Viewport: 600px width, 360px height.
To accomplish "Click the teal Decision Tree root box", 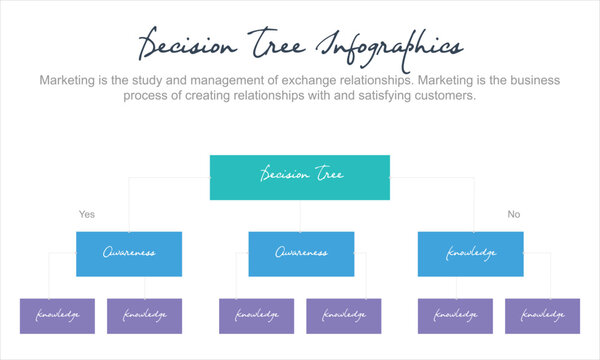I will click(x=300, y=176).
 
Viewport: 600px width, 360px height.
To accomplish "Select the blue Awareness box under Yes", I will click(x=129, y=254).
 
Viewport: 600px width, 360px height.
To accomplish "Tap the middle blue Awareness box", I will click(x=301, y=254).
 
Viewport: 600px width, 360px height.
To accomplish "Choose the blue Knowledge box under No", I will click(x=470, y=254).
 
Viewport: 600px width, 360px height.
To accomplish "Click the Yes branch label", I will click(x=87, y=214).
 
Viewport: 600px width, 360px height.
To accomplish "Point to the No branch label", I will click(x=514, y=214).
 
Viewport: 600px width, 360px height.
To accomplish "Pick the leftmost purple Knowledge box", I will click(x=57, y=316).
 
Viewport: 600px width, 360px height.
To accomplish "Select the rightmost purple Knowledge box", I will click(x=543, y=316).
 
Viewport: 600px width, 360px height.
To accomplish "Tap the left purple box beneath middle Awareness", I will click(x=256, y=316).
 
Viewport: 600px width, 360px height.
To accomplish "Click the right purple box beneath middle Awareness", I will click(x=344, y=316).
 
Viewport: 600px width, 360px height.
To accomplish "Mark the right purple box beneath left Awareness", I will click(x=145, y=316).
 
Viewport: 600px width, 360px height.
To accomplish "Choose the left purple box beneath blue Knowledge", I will click(x=456, y=316).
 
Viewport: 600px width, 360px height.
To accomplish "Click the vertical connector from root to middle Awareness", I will click(x=300, y=215).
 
